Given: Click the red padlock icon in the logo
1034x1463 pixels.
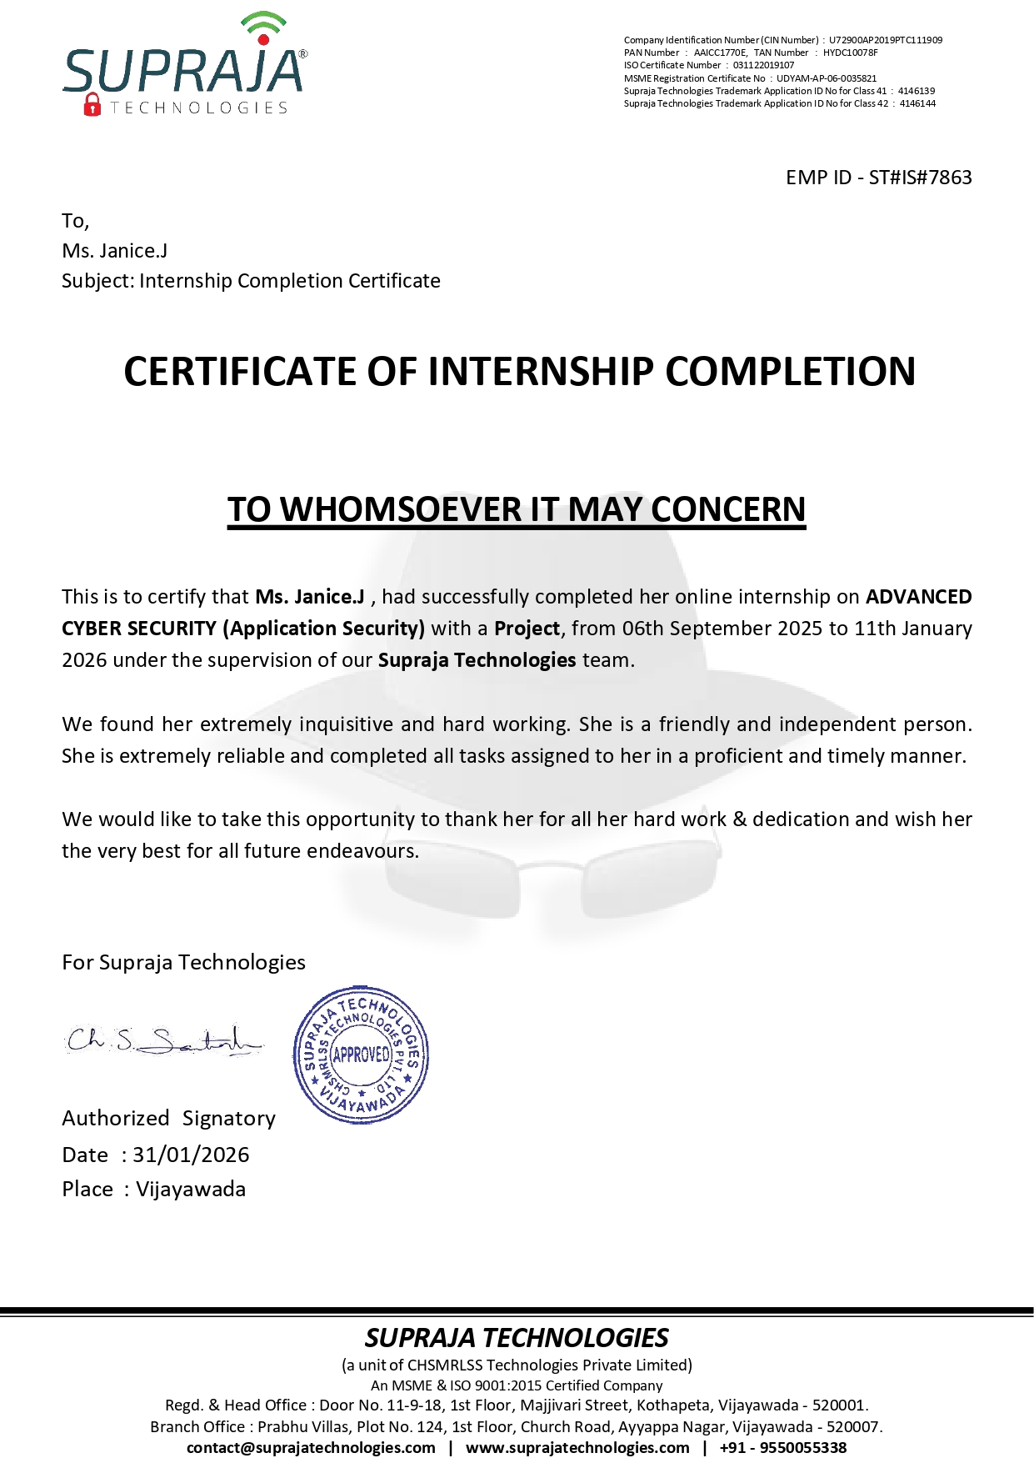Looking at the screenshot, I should click(x=92, y=105).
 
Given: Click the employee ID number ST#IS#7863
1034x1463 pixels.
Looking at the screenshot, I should click(x=920, y=178).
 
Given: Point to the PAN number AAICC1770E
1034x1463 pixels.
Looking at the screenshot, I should click(x=720, y=53).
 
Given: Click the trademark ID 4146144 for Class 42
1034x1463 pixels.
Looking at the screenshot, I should click(x=917, y=103).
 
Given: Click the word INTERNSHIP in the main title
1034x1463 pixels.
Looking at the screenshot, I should click(x=541, y=372).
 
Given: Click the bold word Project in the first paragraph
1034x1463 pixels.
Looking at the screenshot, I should click(x=527, y=629).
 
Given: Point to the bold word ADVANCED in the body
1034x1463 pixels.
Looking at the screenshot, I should click(x=918, y=597).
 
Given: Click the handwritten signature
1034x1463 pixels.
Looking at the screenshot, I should click(x=163, y=1040).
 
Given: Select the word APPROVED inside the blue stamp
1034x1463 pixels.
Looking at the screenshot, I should click(x=362, y=1055).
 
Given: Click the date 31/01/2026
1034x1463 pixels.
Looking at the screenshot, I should click(x=191, y=1155).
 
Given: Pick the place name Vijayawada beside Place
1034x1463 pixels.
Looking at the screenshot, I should click(x=191, y=1189).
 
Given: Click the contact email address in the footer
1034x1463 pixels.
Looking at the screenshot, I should click(x=311, y=1447).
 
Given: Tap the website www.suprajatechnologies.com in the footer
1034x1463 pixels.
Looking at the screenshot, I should click(x=577, y=1447).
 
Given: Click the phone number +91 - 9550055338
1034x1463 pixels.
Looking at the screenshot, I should click(x=782, y=1447).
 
